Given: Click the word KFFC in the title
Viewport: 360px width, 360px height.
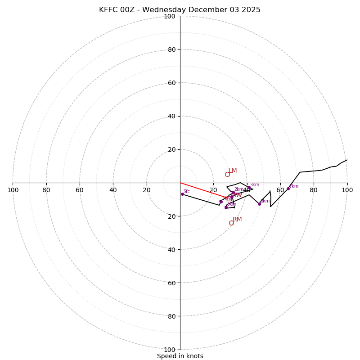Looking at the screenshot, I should pyautogui.click(x=109, y=10).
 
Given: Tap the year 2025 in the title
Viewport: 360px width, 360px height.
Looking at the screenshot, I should pyautogui.click(x=250, y=10).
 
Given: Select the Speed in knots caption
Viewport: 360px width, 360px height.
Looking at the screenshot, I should pyautogui.click(x=180, y=356).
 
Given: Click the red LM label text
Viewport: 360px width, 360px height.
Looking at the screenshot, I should pyautogui.click(x=233, y=171).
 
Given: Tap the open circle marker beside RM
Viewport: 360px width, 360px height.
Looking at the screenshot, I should pyautogui.click(x=231, y=223).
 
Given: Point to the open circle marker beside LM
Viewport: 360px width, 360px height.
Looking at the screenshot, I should pyautogui.click(x=227, y=174).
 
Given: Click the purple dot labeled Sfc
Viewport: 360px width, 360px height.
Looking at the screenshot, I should pyautogui.click(x=182, y=194).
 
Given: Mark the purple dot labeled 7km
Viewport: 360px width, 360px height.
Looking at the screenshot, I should pyautogui.click(x=288, y=189).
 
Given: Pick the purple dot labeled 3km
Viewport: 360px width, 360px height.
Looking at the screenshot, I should pyautogui.click(x=249, y=187).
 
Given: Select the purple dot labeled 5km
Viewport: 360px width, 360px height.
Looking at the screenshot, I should pyautogui.click(x=226, y=207).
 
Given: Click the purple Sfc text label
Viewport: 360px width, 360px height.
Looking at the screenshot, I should pyautogui.click(x=187, y=191).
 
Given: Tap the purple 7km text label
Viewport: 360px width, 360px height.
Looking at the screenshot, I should pyautogui.click(x=294, y=186).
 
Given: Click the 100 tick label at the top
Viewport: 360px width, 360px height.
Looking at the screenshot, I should pyautogui.click(x=170, y=16).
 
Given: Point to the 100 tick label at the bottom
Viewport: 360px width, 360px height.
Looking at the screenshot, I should pyautogui.click(x=170, y=350).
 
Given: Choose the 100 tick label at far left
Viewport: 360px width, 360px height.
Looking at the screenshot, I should pyautogui.click(x=13, y=190).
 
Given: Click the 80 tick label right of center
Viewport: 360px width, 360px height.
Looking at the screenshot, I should pyautogui.click(x=314, y=190).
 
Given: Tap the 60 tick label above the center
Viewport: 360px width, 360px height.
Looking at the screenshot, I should pyautogui.click(x=171, y=83).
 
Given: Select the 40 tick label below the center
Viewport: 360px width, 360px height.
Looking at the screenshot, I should pyautogui.click(x=171, y=249).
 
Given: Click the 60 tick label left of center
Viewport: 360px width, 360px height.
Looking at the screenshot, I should pyautogui.click(x=80, y=190).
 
